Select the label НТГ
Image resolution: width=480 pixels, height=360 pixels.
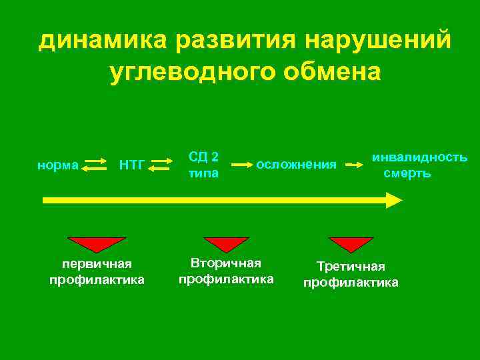tap(131, 164)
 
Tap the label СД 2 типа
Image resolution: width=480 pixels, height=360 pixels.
tap(204, 165)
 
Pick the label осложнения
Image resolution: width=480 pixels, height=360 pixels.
tap(296, 164)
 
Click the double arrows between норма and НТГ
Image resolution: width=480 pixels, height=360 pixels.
tap(96, 164)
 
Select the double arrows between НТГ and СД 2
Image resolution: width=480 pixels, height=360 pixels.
tap(159, 164)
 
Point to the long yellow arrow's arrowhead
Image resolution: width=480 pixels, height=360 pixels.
tap(394, 200)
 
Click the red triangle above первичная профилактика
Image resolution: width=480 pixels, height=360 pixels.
tap(97, 243)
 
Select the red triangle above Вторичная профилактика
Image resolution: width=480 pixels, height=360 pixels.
tap(226, 243)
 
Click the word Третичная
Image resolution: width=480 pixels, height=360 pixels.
tap(351, 267)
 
